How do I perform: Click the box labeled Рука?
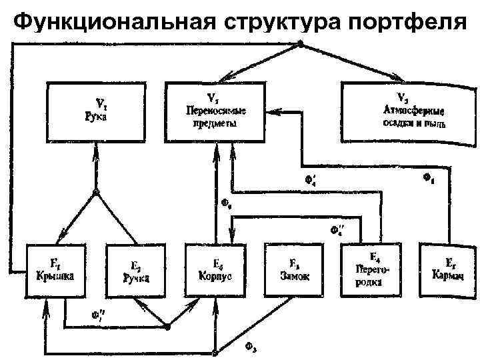coord(96,111)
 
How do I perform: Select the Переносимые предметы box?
coord(215,111)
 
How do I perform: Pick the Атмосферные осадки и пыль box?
coord(403,111)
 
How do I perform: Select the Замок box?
coord(294,270)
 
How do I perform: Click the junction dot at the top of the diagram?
coord(300,44)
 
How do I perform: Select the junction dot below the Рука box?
coord(96,193)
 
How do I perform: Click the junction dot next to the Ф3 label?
coord(215,352)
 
